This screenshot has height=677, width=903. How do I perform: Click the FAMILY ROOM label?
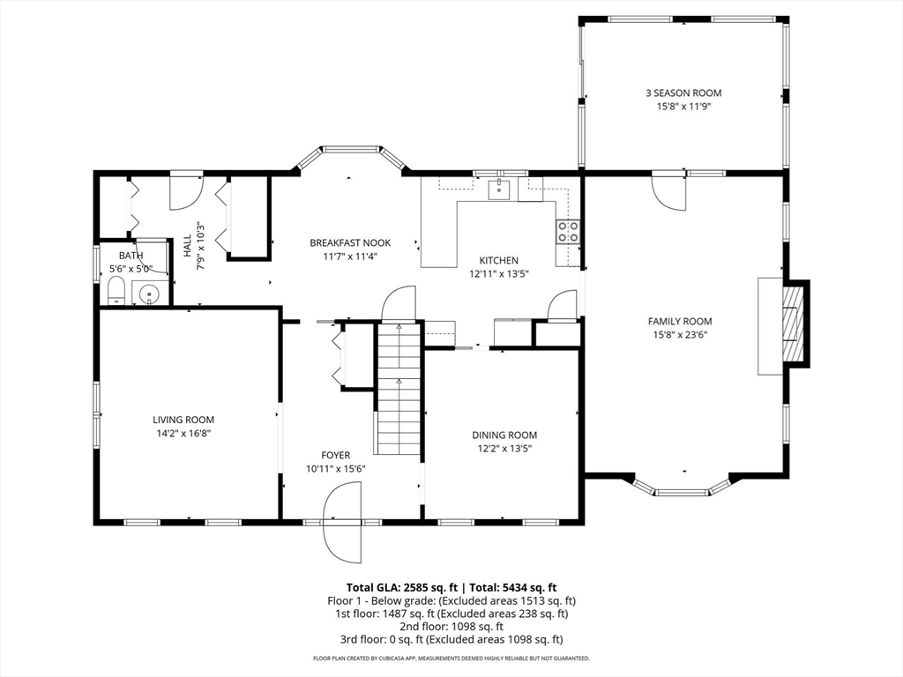point(680,321)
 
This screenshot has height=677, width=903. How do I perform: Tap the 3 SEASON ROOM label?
point(683,93)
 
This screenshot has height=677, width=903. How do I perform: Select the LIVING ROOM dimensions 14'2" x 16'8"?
point(183,434)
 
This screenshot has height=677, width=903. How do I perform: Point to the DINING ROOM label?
point(504,435)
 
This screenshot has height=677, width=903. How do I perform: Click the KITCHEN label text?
point(499,260)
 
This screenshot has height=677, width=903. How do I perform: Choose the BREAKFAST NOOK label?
point(350,243)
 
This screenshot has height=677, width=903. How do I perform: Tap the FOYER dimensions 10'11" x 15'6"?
point(336,469)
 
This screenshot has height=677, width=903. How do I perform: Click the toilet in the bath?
point(117,291)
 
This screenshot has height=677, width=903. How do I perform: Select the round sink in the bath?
point(149,294)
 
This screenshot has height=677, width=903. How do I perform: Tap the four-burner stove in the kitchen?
point(568,232)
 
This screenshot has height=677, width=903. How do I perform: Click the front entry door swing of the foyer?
point(344,522)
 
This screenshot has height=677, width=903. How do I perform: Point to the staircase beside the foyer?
point(399,389)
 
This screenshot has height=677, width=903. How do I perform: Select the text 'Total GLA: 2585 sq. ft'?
point(401,588)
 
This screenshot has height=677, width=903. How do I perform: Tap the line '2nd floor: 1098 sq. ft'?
point(451,627)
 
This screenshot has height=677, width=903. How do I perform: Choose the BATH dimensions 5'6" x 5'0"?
point(131,269)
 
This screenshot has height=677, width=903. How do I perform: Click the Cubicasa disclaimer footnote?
point(451,658)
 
